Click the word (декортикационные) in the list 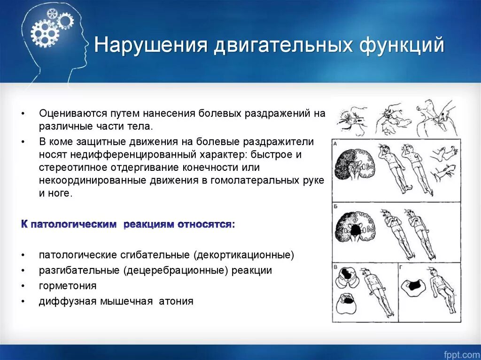tap(244, 255)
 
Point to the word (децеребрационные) tap(177, 270)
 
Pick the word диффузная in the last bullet tap(65, 301)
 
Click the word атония tap(176, 301)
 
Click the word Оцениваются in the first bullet tap(72, 114)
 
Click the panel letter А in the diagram tap(335, 144)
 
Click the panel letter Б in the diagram tap(335, 207)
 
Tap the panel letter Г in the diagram tap(401, 267)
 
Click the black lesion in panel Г tap(414, 285)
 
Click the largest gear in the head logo tap(45, 33)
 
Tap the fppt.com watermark tap(462, 355)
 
